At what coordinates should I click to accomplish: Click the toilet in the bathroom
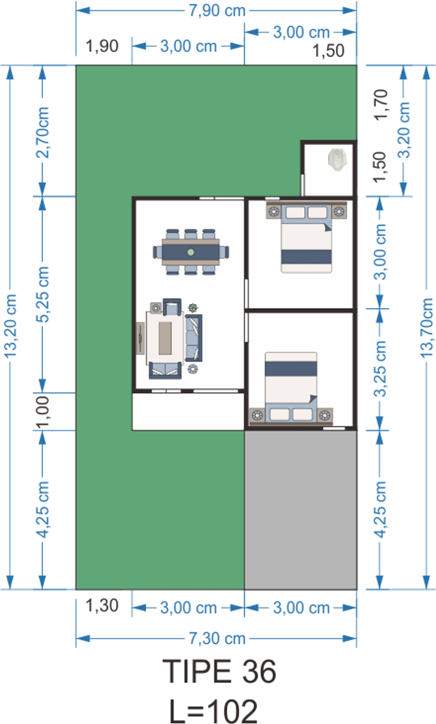tap(337, 160)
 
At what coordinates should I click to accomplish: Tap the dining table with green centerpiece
tap(191, 252)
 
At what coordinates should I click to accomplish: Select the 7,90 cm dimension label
tap(217, 11)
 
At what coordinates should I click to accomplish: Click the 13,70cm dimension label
tap(427, 327)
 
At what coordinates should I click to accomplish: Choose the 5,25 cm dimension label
tap(42, 294)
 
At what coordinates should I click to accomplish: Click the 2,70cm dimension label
tap(43, 132)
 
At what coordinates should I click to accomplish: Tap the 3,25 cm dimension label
tap(380, 369)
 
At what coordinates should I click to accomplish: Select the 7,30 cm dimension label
tap(217, 638)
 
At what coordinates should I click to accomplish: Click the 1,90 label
tap(102, 46)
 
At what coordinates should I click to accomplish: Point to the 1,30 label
tap(102, 605)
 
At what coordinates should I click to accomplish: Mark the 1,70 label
tap(380, 105)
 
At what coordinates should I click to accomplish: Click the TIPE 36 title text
tap(219, 671)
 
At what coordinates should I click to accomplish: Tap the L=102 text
tap(213, 711)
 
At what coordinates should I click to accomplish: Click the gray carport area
tap(301, 510)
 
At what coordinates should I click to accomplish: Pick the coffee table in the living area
tap(165, 338)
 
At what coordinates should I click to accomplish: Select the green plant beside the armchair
tap(193, 308)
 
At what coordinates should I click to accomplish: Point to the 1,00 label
tap(43, 412)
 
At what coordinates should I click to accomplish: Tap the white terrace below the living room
tap(188, 412)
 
